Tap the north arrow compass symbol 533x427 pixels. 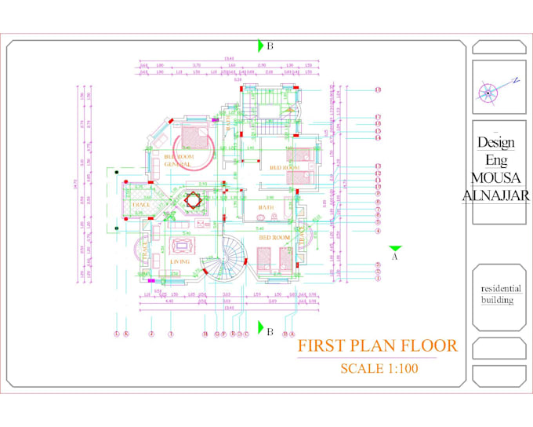(x=488, y=93)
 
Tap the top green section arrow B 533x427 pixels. (x=261, y=46)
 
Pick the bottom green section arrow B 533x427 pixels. (x=261, y=331)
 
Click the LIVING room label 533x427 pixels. (x=180, y=261)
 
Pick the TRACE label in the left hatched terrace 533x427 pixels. (x=141, y=205)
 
